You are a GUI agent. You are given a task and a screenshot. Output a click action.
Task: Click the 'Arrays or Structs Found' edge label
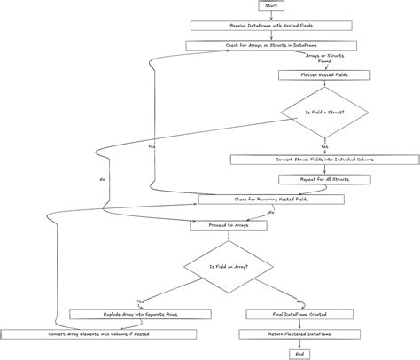pyautogui.click(x=324, y=59)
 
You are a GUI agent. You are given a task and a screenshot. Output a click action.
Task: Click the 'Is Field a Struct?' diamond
pyautogui.click(x=324, y=113)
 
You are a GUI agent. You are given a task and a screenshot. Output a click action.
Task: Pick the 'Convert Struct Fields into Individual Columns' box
pyautogui.click(x=324, y=160)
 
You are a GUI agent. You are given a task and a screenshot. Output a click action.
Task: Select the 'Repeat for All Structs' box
pyautogui.click(x=324, y=179)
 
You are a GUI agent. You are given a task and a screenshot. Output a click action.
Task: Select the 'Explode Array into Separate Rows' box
pyautogui.click(x=140, y=314)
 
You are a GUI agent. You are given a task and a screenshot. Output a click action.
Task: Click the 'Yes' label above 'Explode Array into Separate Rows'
pyautogui.click(x=140, y=301)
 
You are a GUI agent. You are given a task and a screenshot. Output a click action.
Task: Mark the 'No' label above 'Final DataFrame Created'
pyautogui.click(x=300, y=301)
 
